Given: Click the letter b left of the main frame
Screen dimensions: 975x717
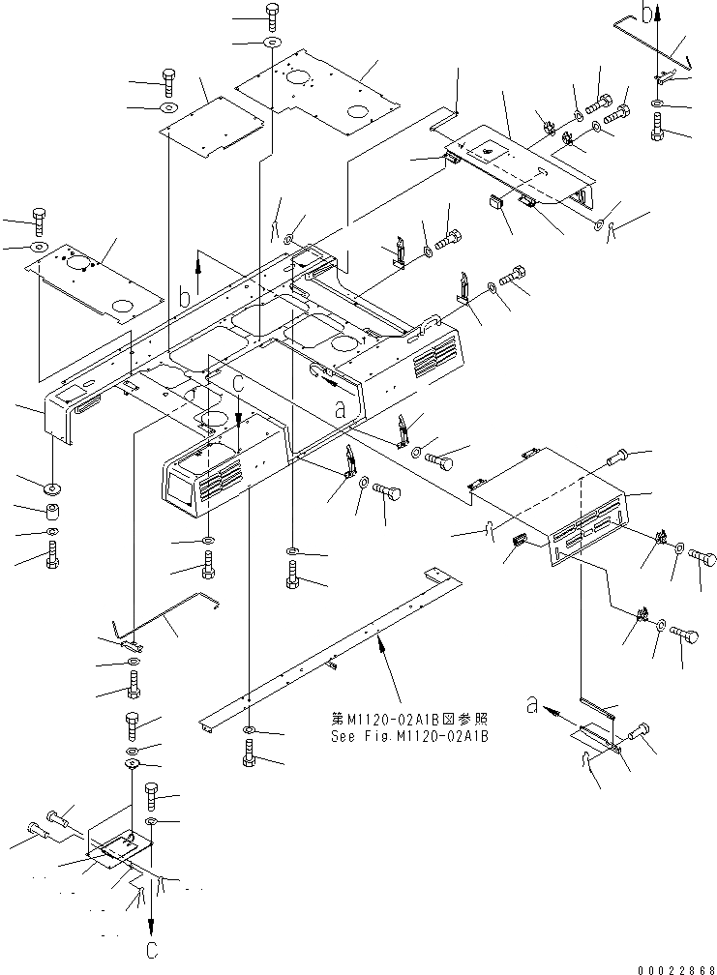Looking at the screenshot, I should (x=184, y=297).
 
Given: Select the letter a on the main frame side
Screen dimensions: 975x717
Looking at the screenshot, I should (x=340, y=408).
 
